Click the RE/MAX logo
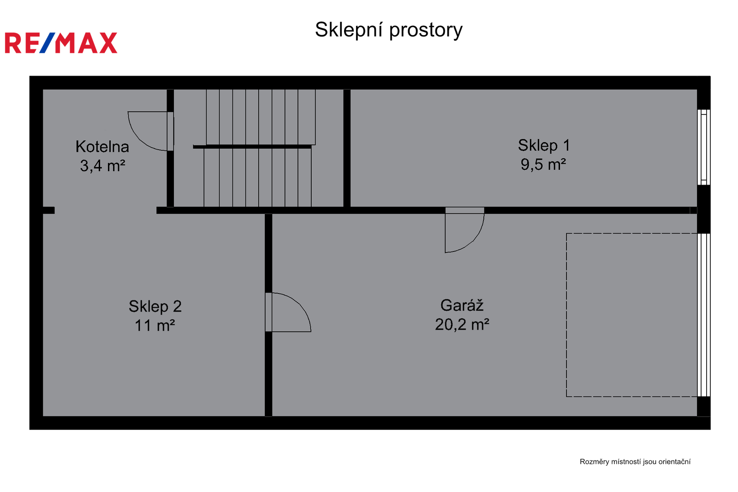(61, 43)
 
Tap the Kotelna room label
(102, 147)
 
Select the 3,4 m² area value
(102, 166)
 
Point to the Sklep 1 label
(544, 145)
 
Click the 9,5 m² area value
(543, 164)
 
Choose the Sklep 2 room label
(155, 306)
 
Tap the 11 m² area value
(155, 325)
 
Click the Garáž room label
(462, 306)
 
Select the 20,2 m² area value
(462, 324)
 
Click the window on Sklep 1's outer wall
(704, 147)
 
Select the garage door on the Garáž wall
(704, 315)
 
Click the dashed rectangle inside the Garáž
(566, 315)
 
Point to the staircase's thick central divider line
(252, 146)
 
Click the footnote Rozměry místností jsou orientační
(635, 462)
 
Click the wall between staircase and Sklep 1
(346, 148)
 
